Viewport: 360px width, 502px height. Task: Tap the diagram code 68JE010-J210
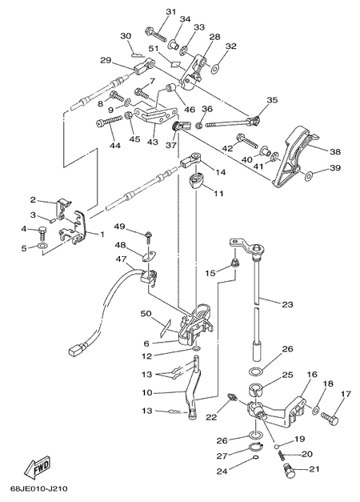pos(38,488)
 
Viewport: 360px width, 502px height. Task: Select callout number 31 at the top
pos(171,12)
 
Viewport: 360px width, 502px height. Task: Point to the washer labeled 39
pos(310,175)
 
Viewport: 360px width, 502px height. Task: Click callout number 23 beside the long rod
pos(287,303)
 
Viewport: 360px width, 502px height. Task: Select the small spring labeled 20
pos(280,455)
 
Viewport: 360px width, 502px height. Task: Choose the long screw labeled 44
pos(109,122)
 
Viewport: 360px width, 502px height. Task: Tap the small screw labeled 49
pos(149,238)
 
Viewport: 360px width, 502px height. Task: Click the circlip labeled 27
pos(255,447)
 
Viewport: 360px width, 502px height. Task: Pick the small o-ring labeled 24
pos(256,457)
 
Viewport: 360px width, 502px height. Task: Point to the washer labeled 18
pos(315,409)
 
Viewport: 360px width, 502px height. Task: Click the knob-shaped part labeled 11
pos(196,181)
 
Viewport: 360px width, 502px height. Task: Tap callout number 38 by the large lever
pos(335,151)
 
